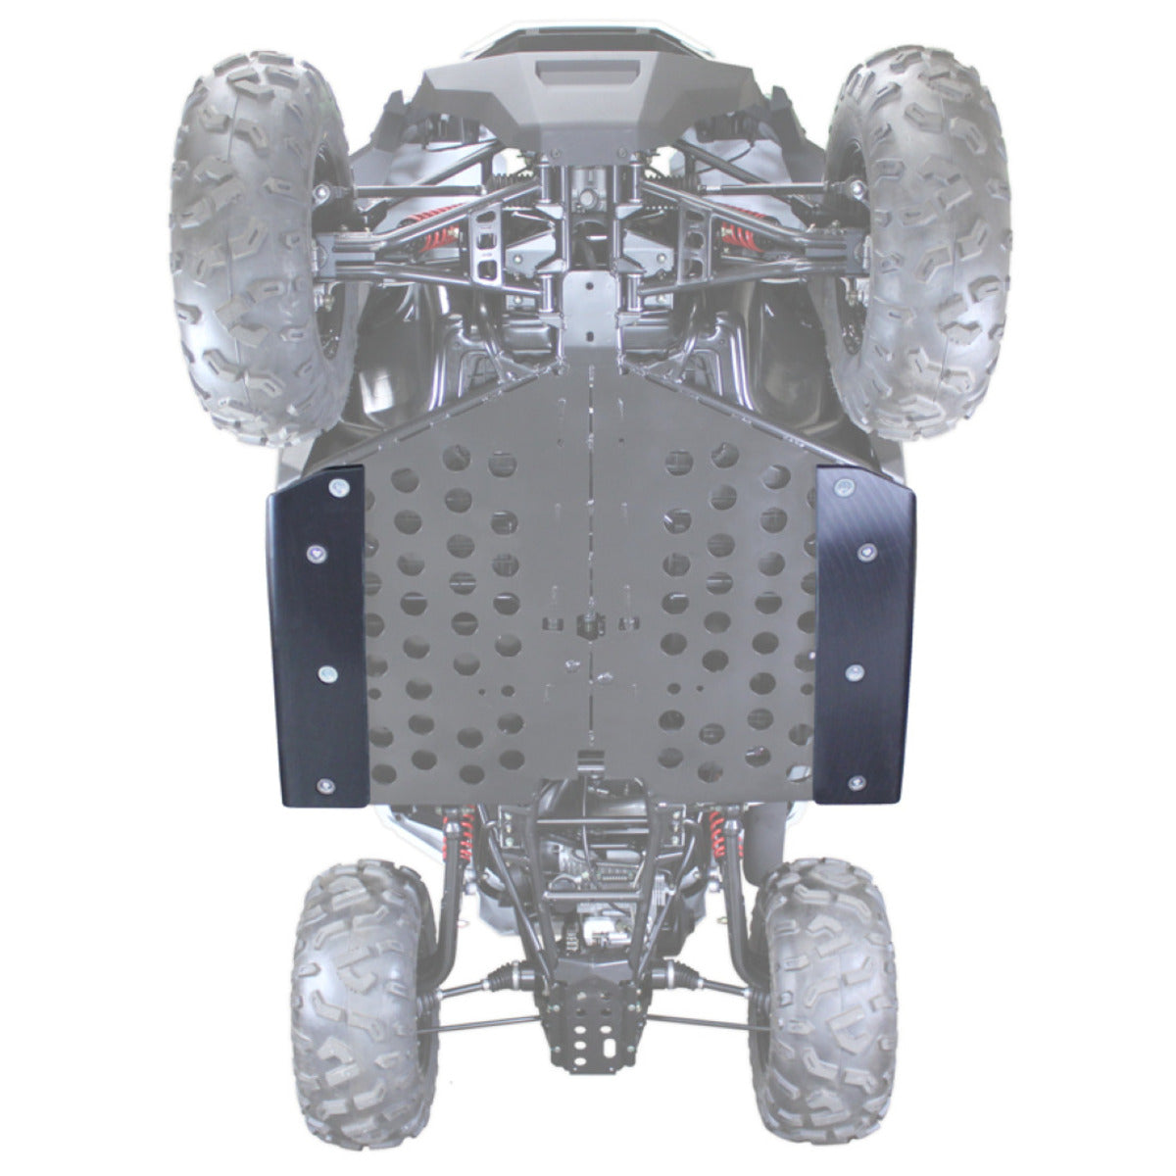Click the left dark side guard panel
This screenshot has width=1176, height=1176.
coord(314,637)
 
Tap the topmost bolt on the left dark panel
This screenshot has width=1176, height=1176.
coord(338,487)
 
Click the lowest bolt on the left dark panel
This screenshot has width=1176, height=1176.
coord(325,785)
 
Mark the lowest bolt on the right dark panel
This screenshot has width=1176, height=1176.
coord(857,782)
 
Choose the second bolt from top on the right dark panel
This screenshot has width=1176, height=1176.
coord(864,553)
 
